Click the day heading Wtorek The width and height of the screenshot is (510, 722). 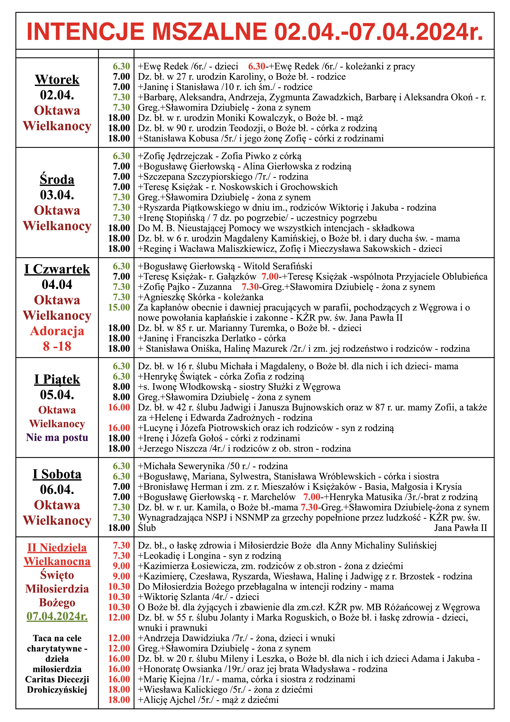[x=57, y=80]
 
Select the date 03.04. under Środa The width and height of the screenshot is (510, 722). [x=57, y=195]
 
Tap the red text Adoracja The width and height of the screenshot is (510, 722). [x=57, y=331]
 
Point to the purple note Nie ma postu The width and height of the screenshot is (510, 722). [x=57, y=437]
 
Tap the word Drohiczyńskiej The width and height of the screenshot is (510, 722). [x=57, y=690]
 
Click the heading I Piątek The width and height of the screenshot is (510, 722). [x=57, y=379]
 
